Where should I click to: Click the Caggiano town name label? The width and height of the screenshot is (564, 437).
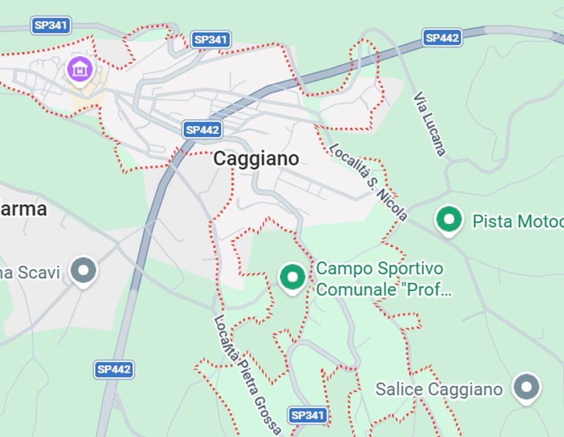coord(256,159)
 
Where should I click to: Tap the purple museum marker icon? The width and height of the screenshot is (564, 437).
coord(80,69)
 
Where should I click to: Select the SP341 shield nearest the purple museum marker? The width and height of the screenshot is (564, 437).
coord(51,25)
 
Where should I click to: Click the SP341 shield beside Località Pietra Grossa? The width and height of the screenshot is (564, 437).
coord(308,415)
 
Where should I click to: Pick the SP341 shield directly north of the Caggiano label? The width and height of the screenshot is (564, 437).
coord(210,39)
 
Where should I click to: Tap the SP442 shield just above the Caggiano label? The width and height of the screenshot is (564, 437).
coord(202,130)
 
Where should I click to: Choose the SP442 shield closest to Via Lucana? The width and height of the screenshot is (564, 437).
coord(442,38)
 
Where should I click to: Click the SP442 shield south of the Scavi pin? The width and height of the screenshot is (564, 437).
coord(114,369)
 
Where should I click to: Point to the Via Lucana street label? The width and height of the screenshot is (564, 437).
coord(430,123)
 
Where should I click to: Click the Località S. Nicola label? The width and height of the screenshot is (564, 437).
coord(368,182)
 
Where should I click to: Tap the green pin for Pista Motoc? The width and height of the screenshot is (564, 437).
coord(449,219)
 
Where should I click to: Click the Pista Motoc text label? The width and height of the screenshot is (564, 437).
coord(517,221)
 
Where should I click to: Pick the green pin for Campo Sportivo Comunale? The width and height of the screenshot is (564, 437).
coord(293,277)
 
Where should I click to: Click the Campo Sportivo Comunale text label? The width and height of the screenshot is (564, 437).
coord(384,279)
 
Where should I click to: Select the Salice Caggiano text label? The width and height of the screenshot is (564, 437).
coord(439,390)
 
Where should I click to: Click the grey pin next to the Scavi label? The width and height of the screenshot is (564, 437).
coord(84,270)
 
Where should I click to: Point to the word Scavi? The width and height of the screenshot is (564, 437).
coord(38,273)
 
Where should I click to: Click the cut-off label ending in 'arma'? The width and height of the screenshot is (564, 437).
coord(23,209)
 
